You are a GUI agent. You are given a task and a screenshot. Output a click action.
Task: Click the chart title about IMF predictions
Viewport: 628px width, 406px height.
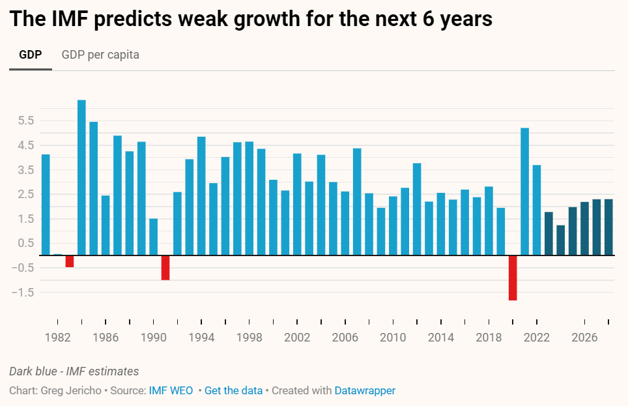(x=251, y=19)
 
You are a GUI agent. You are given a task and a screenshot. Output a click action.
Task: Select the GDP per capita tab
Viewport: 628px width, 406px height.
(x=100, y=55)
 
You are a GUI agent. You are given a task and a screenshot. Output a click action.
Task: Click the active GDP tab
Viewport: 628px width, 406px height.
(x=31, y=55)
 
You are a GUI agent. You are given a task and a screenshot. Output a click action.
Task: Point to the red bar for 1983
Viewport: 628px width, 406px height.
(x=70, y=261)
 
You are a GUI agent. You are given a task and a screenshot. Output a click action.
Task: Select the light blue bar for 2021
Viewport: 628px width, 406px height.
(x=524, y=192)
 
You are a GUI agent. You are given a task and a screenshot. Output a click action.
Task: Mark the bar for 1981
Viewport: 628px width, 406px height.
(x=46, y=205)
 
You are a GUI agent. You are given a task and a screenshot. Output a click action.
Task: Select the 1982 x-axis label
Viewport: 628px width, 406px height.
(x=58, y=338)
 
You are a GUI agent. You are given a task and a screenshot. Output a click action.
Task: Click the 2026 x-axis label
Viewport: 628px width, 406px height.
(x=584, y=338)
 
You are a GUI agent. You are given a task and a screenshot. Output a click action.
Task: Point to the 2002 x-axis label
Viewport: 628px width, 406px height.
(x=297, y=338)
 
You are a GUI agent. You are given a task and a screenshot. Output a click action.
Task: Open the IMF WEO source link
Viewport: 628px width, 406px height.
(x=171, y=391)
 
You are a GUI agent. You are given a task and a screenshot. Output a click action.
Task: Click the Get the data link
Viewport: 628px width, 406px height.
(x=233, y=391)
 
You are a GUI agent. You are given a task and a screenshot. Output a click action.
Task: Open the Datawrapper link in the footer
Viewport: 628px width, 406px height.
(x=365, y=391)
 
